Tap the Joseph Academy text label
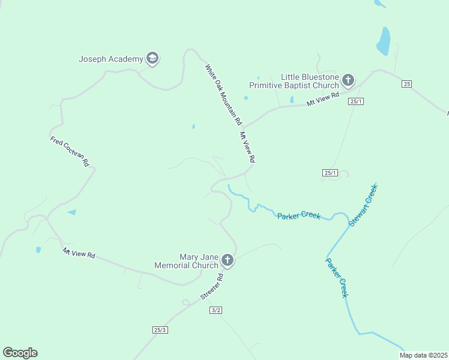(x=111, y=59)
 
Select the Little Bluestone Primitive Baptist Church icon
(x=348, y=80)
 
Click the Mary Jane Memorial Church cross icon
(x=228, y=260)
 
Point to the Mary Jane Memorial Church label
(x=186, y=261)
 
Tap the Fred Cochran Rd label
(x=70, y=152)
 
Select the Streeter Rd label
(x=212, y=287)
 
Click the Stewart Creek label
(x=364, y=205)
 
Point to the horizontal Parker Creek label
(x=298, y=215)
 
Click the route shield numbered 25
(x=407, y=84)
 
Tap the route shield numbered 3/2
(x=216, y=310)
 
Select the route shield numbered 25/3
(x=160, y=330)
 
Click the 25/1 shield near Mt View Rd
(x=356, y=101)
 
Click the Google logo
(x=20, y=353)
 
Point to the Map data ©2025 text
(x=423, y=355)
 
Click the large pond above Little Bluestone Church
(x=383, y=41)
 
